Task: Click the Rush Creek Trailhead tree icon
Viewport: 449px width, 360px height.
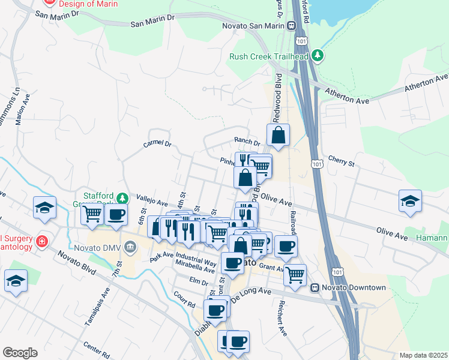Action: point(318,57)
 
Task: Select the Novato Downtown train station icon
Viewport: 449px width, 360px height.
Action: point(314,287)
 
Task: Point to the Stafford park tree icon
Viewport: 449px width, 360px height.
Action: point(122,197)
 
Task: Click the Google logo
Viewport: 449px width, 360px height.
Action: point(20,353)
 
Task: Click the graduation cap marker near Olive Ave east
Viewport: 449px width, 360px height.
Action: point(410,201)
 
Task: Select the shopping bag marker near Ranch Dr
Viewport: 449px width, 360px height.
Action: point(279,136)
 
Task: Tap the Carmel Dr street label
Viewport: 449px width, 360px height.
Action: point(157,144)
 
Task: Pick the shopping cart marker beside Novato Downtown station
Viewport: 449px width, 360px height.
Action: point(294,274)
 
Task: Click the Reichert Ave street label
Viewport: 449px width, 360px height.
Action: point(280,318)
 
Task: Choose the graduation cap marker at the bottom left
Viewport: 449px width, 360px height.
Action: point(16,281)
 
